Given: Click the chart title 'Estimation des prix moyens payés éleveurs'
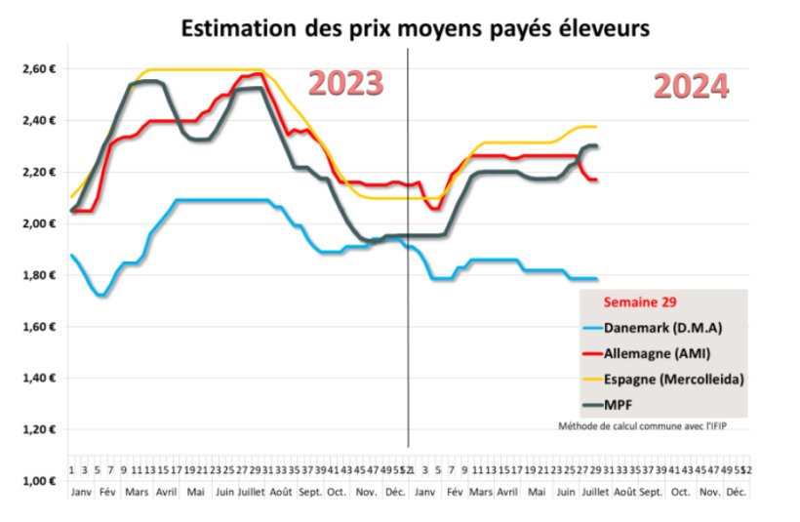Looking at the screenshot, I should [415, 28].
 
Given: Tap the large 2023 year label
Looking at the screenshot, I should [345, 84].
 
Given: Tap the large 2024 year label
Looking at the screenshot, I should [691, 87].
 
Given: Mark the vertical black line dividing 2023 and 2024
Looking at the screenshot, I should [408, 244].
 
